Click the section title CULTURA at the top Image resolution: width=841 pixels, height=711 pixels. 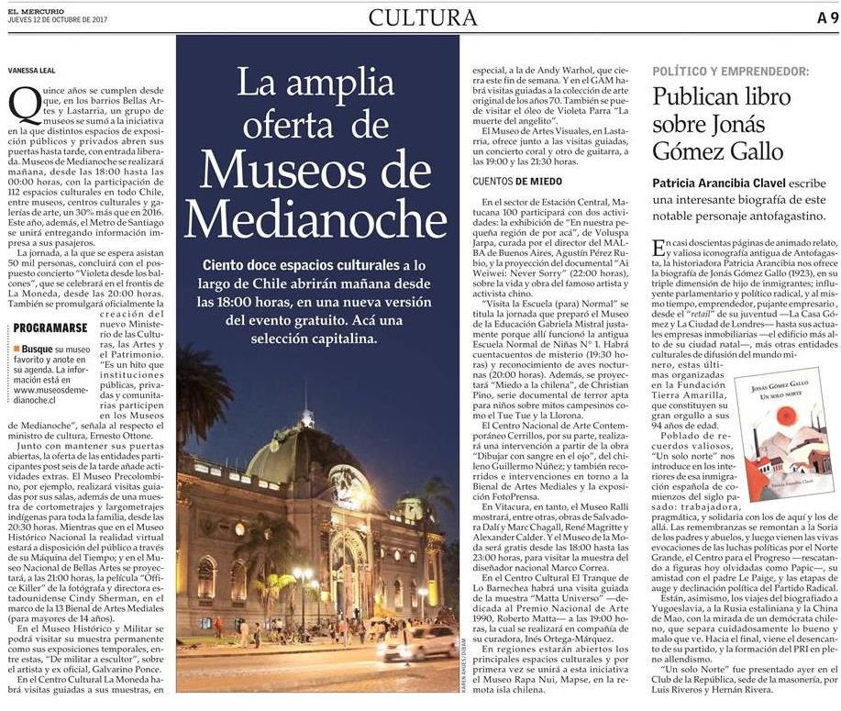click(x=423, y=17)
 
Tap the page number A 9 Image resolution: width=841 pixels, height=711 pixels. click(x=824, y=17)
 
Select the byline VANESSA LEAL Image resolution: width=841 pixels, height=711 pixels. click(x=33, y=69)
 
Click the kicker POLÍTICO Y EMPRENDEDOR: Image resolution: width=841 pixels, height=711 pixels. click(x=730, y=71)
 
